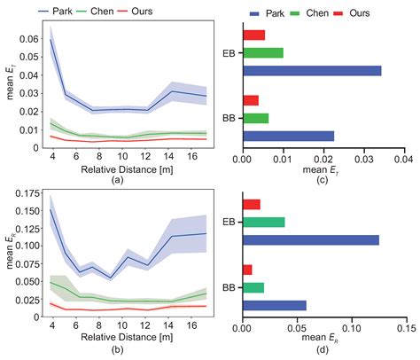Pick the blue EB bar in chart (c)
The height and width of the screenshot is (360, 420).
coord(311,70)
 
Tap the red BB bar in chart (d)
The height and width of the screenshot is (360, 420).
coord(247,269)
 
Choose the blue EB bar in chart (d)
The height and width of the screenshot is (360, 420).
coord(310,239)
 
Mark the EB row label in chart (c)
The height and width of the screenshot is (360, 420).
coord(228,52)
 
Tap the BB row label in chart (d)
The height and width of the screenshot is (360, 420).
coord(228,286)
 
